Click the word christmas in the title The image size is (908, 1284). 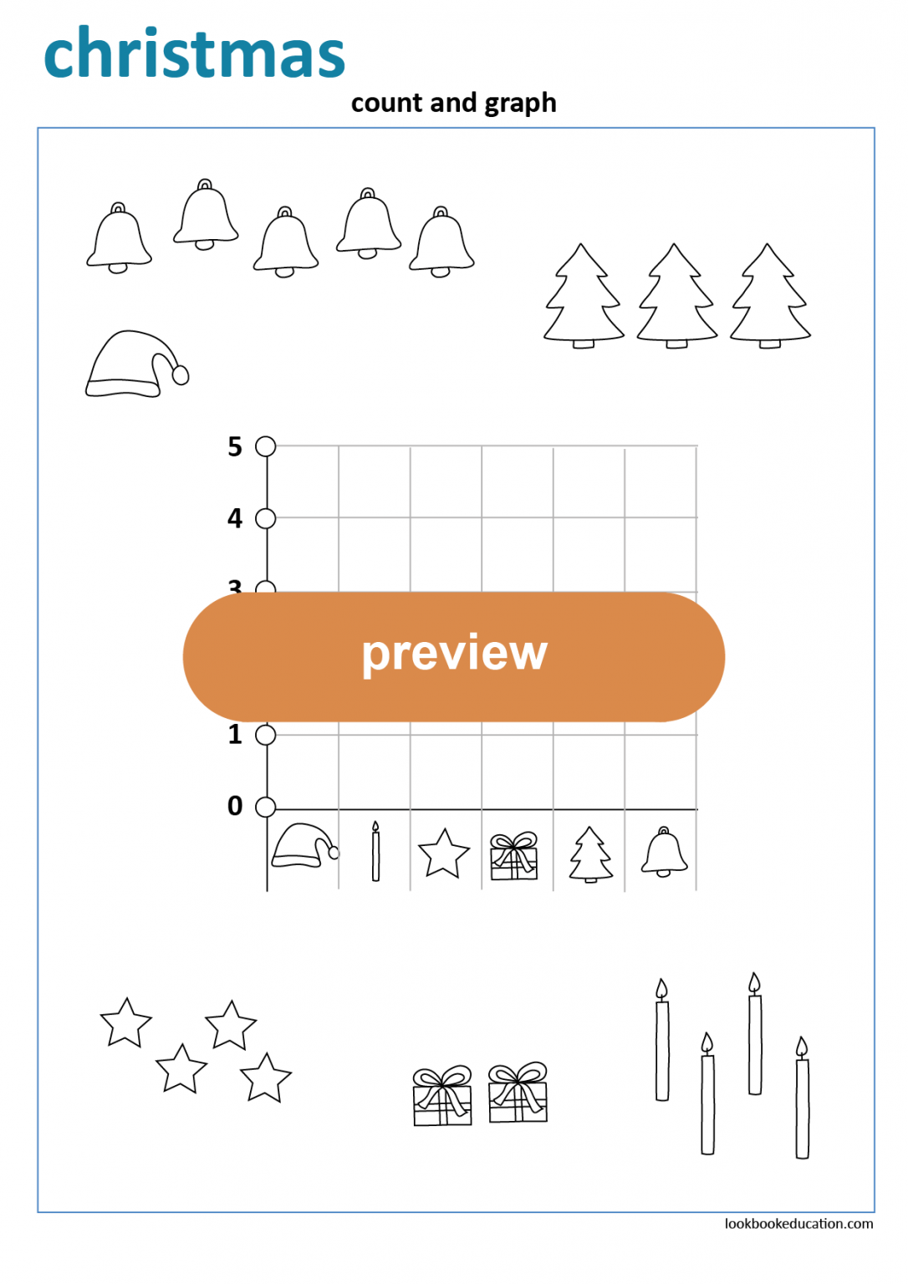click(194, 53)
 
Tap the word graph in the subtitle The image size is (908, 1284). click(520, 104)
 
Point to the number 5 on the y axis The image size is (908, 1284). click(235, 446)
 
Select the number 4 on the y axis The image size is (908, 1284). click(235, 518)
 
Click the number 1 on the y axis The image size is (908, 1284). click(235, 735)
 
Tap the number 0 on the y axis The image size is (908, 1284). click(235, 806)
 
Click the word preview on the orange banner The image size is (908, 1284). click(454, 654)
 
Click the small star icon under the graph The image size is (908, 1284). click(443, 853)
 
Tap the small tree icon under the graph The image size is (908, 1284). click(590, 854)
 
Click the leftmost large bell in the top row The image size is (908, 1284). click(119, 239)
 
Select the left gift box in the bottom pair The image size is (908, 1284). click(442, 1096)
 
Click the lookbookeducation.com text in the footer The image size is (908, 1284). click(798, 1224)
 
